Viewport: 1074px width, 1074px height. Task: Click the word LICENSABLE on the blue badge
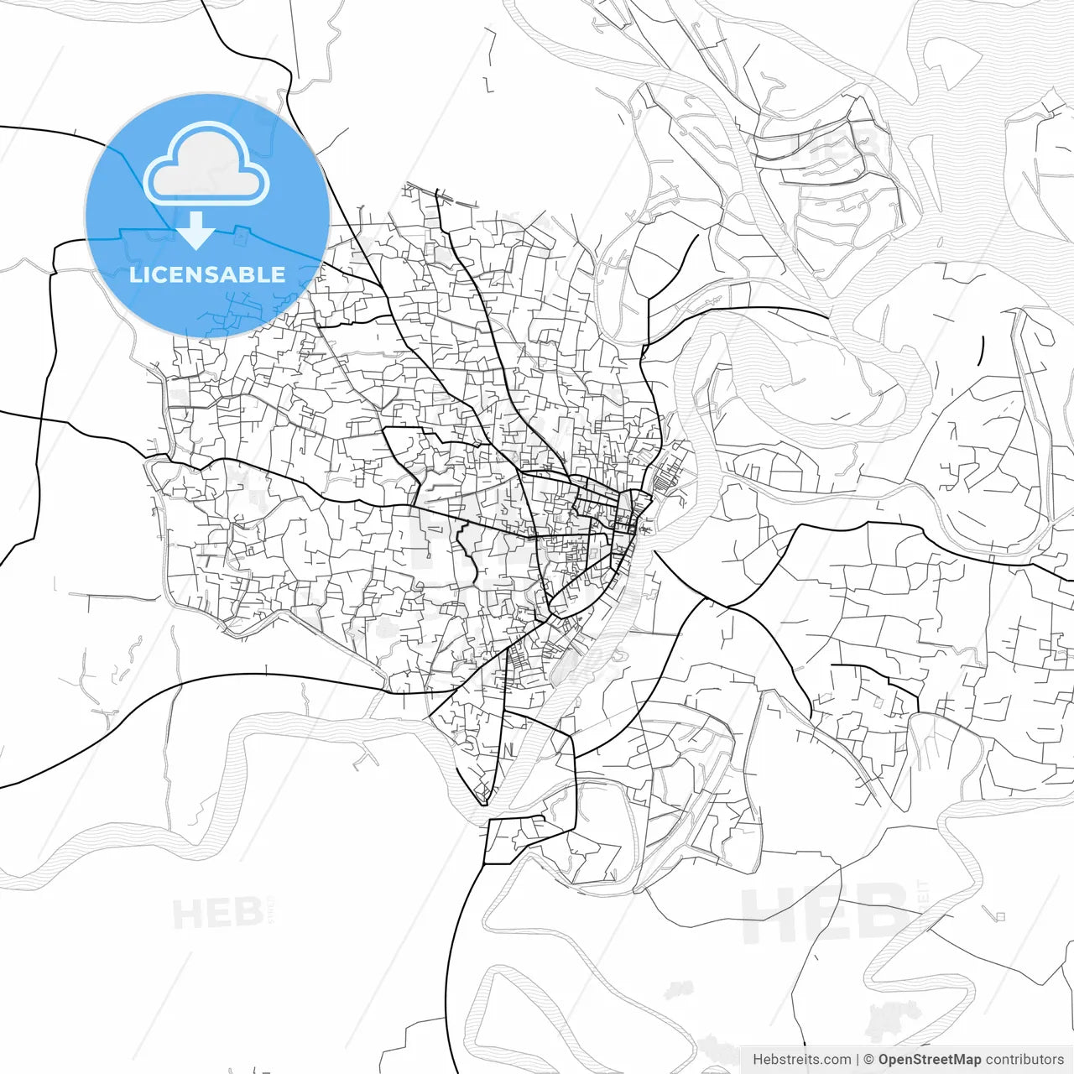[207, 275]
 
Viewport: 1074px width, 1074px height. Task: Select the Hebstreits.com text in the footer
[801, 1060]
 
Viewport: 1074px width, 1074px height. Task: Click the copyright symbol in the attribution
[869, 1060]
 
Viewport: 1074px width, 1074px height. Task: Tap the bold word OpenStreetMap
[930, 1060]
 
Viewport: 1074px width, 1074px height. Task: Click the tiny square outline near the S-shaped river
[999, 916]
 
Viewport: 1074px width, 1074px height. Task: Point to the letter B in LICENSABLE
[249, 275]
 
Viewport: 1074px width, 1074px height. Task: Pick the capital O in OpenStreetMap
[884, 1060]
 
